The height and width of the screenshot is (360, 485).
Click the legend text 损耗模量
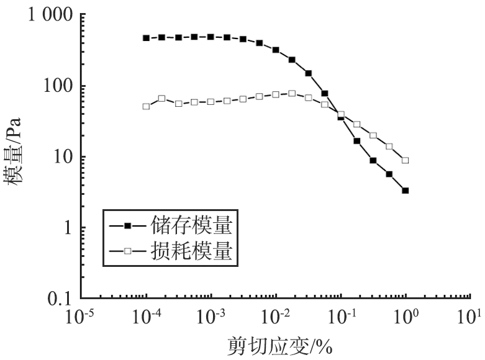(x=190, y=251)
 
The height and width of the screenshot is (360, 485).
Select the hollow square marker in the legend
(x=127, y=251)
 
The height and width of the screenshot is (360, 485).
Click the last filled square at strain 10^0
(x=406, y=191)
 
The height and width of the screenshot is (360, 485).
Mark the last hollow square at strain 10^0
(x=406, y=160)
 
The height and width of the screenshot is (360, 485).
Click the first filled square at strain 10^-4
(x=146, y=38)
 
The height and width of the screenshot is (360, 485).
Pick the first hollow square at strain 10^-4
(x=146, y=106)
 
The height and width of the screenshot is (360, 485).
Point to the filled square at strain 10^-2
(x=276, y=50)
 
